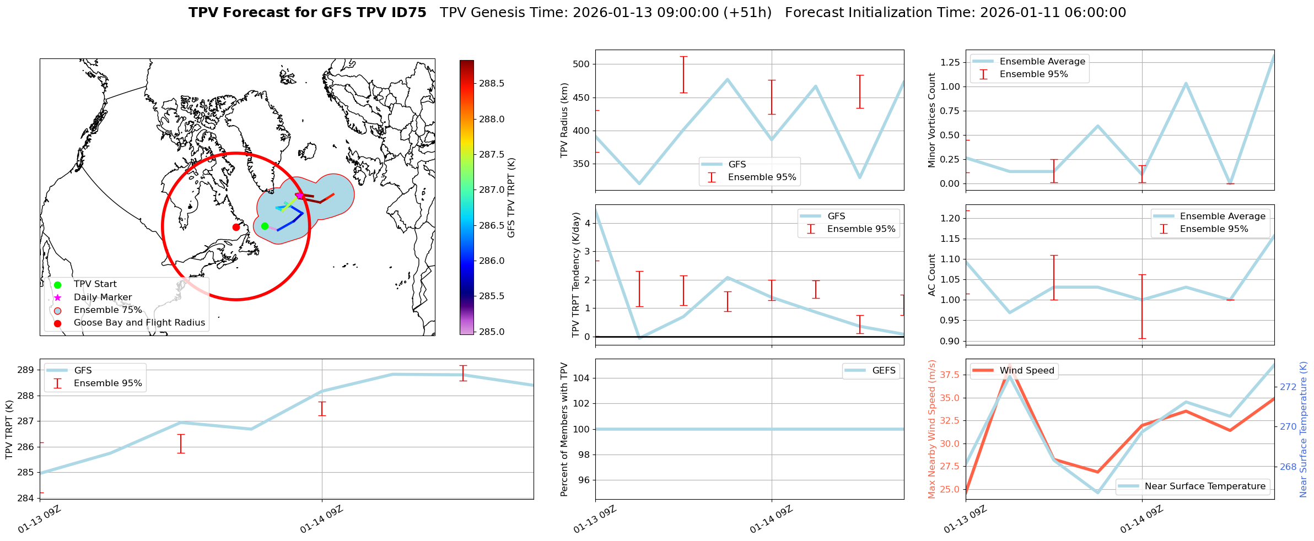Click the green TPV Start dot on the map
pyautogui.click(x=265, y=226)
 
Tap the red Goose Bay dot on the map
pyautogui.click(x=236, y=227)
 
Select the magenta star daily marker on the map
pyautogui.click(x=299, y=196)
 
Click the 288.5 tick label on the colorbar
pyautogui.click(x=492, y=84)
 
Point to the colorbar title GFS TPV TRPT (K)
pyautogui.click(x=511, y=198)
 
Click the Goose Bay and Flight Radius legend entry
pyautogui.click(x=139, y=323)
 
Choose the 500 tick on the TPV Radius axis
pyautogui.click(x=581, y=64)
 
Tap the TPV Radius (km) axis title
pyautogui.click(x=564, y=120)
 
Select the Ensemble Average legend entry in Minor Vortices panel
pyautogui.click(x=1042, y=62)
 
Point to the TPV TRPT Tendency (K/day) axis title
pyautogui.click(x=576, y=274)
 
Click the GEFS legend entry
pyautogui.click(x=884, y=371)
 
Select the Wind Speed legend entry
pyautogui.click(x=1026, y=371)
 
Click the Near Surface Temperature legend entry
pyautogui.click(x=1204, y=486)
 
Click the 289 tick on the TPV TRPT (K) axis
pyautogui.click(x=25, y=370)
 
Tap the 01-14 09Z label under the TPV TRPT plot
pyautogui.click(x=322, y=520)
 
